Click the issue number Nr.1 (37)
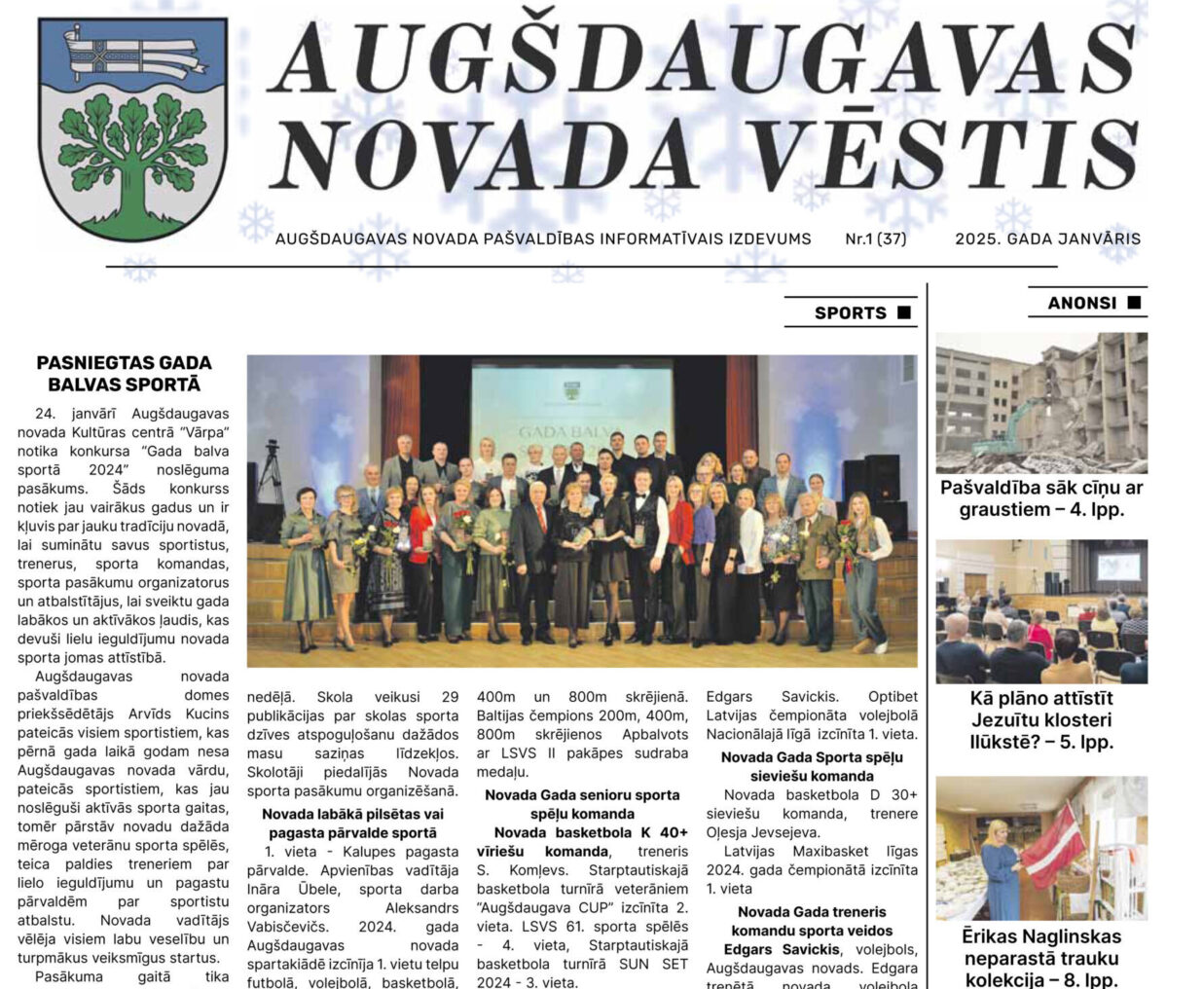tap(875, 238)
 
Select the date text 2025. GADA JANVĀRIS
tap(1047, 238)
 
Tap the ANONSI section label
tap(1081, 303)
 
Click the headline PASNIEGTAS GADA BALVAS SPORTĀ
tap(124, 373)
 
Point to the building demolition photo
tap(1041, 402)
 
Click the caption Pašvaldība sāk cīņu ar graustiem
tap(1041, 498)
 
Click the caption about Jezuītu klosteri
tap(1041, 719)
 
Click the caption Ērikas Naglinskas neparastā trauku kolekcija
tap(1041, 958)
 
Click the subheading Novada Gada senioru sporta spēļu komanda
tap(582, 804)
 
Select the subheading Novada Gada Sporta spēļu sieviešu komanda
tap(812, 766)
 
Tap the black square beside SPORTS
tap(903, 312)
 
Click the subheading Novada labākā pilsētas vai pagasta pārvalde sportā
tap(352, 823)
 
